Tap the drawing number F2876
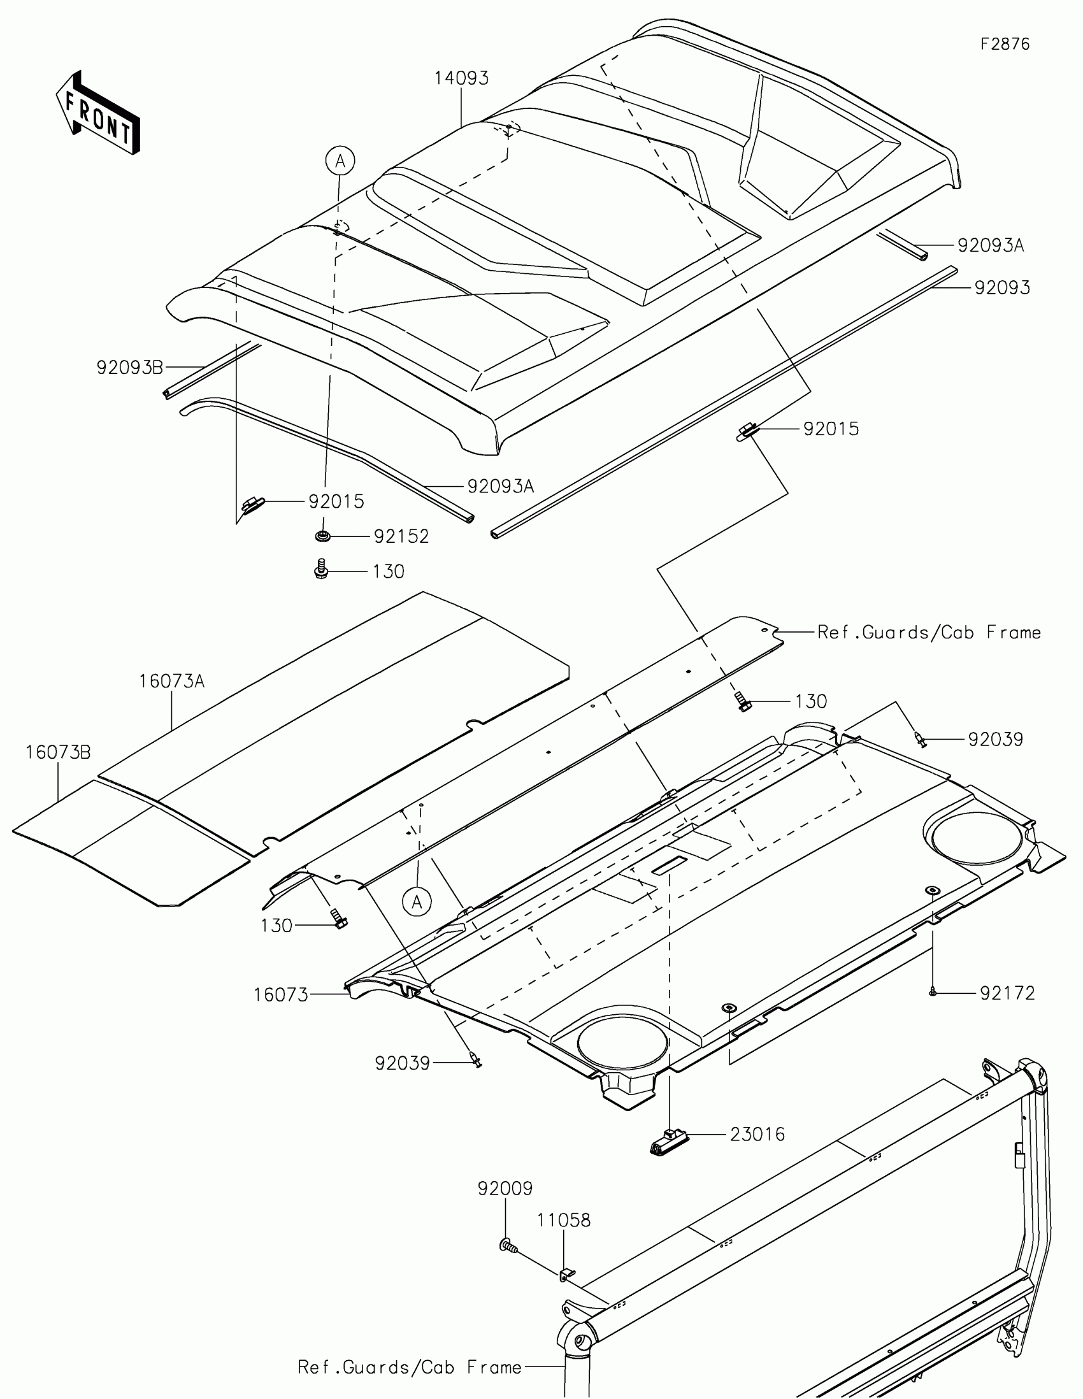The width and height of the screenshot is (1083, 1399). (1005, 44)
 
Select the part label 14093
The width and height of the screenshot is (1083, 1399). (461, 78)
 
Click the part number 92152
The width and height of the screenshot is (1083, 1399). (401, 536)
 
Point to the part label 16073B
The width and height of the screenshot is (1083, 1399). (58, 752)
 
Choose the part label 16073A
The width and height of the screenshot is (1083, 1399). (171, 681)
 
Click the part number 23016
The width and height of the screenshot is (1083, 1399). (757, 1135)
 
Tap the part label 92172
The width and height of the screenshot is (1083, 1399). (1007, 993)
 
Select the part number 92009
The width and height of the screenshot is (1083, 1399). (505, 1189)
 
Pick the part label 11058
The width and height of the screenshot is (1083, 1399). (564, 1220)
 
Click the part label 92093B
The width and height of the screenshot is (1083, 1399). (130, 367)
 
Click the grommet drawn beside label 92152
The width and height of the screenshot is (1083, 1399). (322, 535)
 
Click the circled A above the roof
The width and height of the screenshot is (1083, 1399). (340, 161)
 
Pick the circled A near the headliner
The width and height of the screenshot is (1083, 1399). (417, 902)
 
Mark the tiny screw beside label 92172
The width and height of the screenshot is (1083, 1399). (933, 992)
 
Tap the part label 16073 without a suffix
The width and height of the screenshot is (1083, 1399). (280, 995)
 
